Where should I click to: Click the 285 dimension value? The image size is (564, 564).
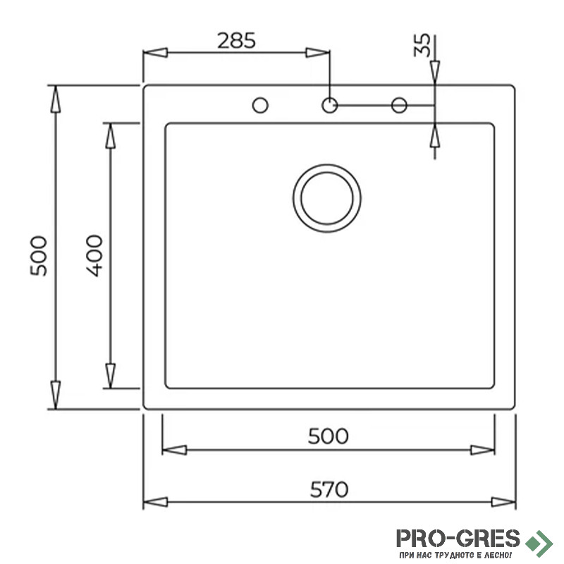[236, 41]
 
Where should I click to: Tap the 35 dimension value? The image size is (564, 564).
[422, 45]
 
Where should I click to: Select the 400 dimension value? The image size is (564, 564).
[94, 256]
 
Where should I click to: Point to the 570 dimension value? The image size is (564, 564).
[329, 489]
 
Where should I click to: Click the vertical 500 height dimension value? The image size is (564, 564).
[39, 256]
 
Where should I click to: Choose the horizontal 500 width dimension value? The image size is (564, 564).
[328, 436]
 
